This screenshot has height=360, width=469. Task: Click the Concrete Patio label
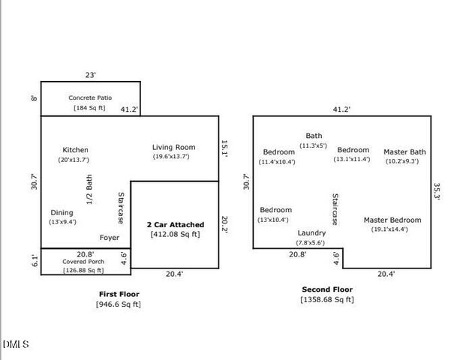pos(90,97)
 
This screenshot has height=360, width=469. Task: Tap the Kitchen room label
pos(75,150)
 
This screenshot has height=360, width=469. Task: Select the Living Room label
pos(174,147)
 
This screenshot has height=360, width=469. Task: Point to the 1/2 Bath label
pos(89,190)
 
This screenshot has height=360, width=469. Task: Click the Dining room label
pos(62,213)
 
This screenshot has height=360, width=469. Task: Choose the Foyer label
pos(110,238)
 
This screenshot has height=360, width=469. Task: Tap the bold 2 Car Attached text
pos(176,224)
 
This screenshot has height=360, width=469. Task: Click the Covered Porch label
pos(83,262)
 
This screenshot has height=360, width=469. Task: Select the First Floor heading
pos(119,294)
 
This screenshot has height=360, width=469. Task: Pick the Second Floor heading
pos(327,289)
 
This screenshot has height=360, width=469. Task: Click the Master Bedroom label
pos(392,220)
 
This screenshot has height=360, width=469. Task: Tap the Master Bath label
pos(404,152)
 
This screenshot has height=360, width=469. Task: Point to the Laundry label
pos(311,233)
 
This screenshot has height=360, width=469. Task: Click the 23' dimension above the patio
pos(91,75)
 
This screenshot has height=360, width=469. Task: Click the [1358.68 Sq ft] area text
pos(327,299)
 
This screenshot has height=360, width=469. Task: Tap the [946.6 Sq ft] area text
pos(119,304)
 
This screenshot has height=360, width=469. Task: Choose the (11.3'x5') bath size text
pos(313,145)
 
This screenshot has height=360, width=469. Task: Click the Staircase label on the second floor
pos(335,209)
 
